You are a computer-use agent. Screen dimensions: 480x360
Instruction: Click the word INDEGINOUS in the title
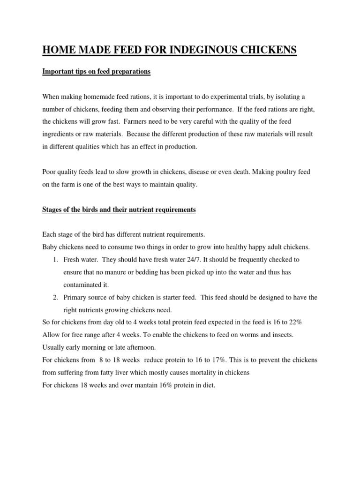coord(188,49)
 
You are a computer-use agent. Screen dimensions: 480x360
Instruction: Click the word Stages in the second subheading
coord(52,210)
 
